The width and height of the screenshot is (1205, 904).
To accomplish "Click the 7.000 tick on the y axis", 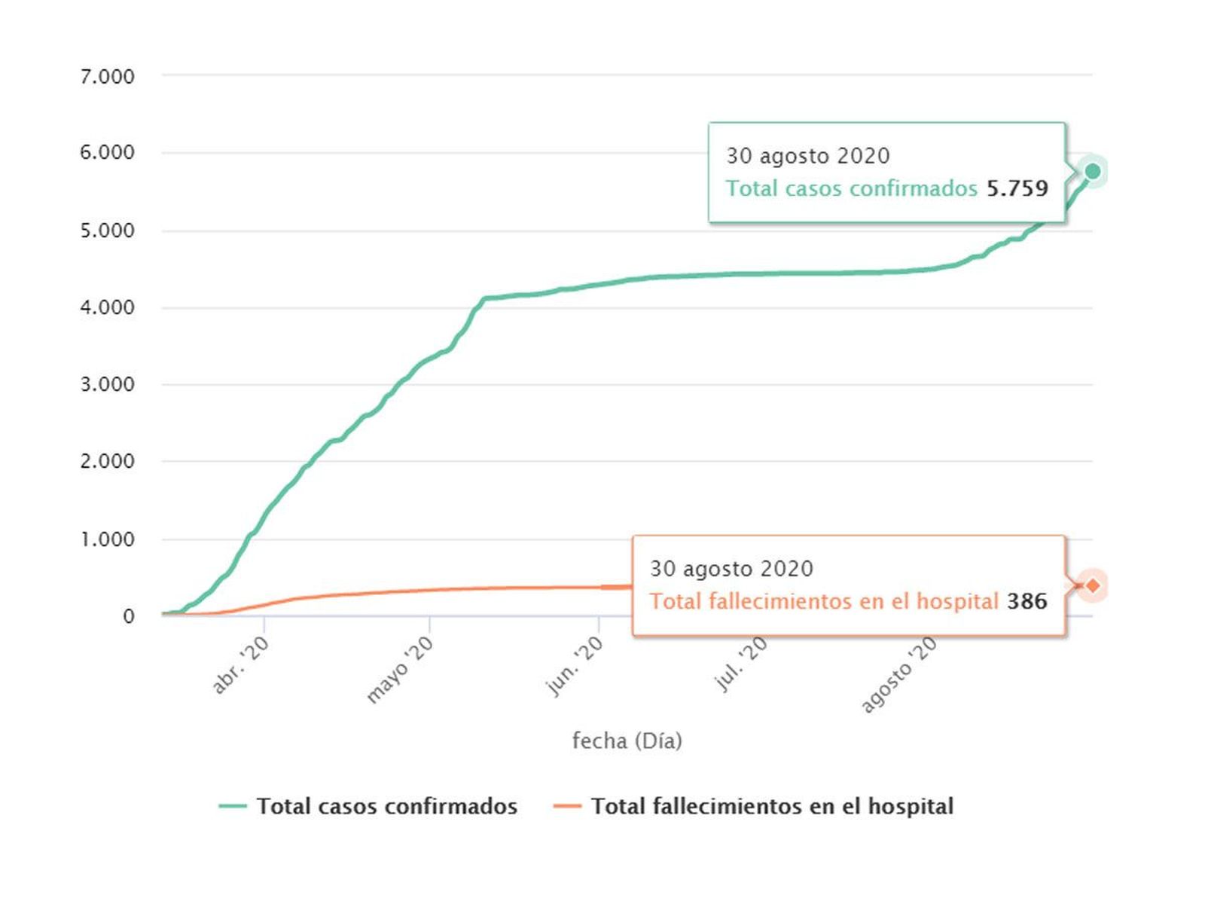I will (107, 76).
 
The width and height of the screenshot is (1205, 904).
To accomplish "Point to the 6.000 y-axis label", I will (107, 152).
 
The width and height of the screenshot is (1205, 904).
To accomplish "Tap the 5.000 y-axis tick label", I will (107, 230).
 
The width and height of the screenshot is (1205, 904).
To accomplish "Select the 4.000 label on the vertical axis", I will (107, 307).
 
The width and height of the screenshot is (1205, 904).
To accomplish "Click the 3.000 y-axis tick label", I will (107, 384).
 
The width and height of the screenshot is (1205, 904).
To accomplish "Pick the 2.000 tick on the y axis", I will (107, 461).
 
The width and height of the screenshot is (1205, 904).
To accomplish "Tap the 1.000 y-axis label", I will (107, 539).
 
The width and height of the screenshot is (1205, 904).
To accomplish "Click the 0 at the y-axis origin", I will (129, 616).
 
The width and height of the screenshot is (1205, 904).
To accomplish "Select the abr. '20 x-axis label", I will (240, 665).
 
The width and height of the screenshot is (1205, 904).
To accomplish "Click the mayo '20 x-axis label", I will (400, 670).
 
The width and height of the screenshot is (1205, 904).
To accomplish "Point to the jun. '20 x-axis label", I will (574, 666).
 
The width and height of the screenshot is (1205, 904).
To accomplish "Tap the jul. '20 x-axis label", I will (740, 664).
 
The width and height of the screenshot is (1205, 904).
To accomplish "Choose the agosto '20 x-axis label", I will (899, 674).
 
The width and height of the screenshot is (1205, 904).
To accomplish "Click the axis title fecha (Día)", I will (627, 741).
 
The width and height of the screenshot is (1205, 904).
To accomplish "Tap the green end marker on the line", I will (1092, 172).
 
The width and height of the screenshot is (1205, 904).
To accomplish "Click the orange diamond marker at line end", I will (1093, 585).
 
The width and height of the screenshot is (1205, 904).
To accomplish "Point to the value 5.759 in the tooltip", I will (1017, 188).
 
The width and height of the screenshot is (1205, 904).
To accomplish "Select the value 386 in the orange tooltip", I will (1027, 601).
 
